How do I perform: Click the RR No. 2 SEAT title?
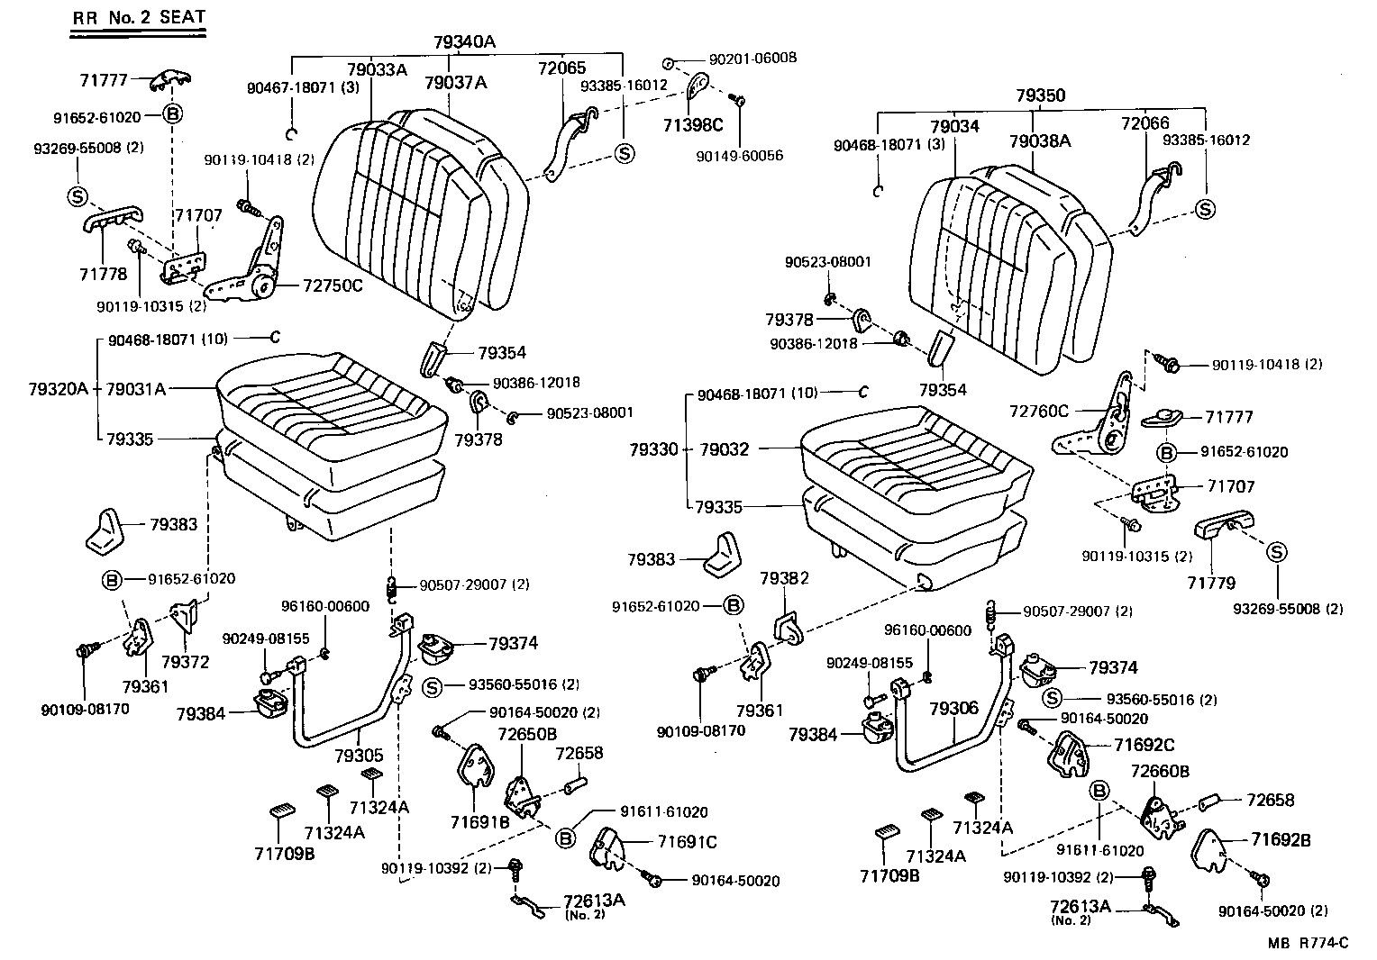pos(139,17)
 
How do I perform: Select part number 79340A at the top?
pos(465,42)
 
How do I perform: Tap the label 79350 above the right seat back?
pos(1040,95)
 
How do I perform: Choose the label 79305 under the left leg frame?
pos(359,755)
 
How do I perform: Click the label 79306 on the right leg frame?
pos(953,709)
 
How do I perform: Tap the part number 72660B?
pos(1160,772)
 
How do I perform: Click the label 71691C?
pos(687,841)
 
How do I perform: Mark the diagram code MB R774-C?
pos(1308,943)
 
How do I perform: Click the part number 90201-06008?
pos(752,58)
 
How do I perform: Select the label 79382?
pos(784,577)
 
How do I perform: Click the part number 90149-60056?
pos(739,156)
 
